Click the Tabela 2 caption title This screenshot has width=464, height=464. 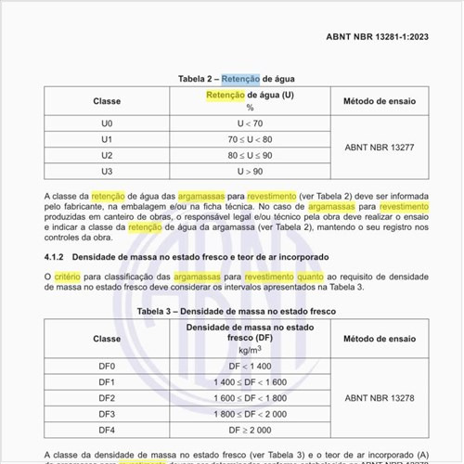[x=231, y=79]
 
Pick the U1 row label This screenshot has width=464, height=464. [x=108, y=137]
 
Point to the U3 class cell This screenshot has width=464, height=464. [x=108, y=172]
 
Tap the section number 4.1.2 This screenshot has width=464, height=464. [x=57, y=255]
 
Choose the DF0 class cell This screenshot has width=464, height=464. [x=108, y=366]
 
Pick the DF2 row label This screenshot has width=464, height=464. [x=108, y=398]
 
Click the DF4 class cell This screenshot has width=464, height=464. [x=108, y=431]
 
